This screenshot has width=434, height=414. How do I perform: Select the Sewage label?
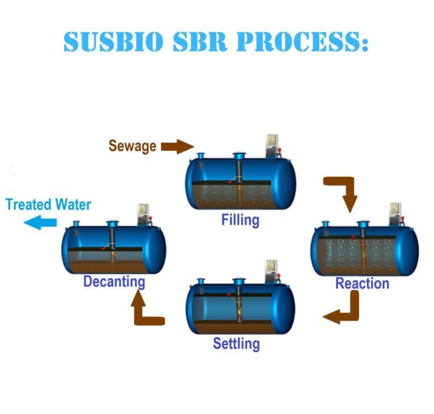point(132,146)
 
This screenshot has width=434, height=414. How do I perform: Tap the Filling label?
point(240,219)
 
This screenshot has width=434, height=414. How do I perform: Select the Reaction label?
point(362,283)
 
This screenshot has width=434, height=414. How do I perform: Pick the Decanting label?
point(114,281)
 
